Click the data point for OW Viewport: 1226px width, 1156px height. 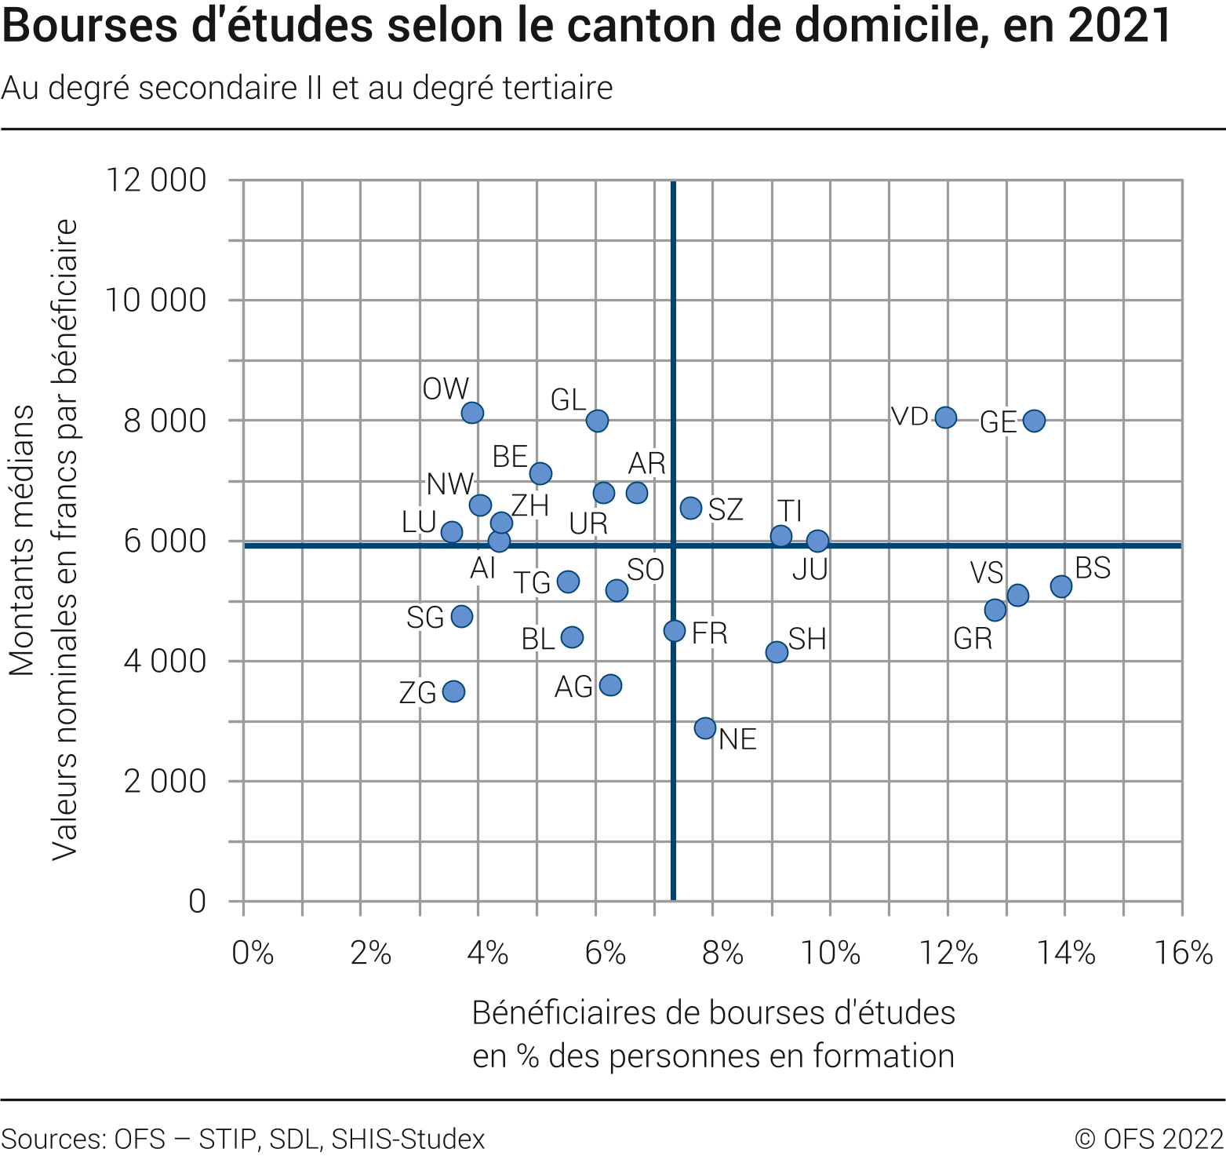point(472,413)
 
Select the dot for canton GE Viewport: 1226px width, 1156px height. point(1034,421)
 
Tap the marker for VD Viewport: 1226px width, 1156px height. point(946,418)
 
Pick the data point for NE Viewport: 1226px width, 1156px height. point(705,728)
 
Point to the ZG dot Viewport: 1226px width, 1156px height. point(453,691)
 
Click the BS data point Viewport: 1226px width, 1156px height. point(1061,586)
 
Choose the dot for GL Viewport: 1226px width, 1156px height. point(597,421)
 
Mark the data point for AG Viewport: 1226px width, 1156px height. point(610,685)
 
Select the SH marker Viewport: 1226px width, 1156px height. point(777,652)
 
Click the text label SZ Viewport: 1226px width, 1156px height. point(726,509)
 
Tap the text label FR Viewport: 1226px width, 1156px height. point(710,633)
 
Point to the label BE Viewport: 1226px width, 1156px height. point(510,456)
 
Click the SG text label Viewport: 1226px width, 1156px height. point(425,618)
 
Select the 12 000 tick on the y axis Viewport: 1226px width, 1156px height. point(156,180)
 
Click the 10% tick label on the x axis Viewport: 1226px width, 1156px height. point(831,953)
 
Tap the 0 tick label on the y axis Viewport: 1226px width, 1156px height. point(198,901)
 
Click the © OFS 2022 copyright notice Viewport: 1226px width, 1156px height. point(1148,1138)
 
